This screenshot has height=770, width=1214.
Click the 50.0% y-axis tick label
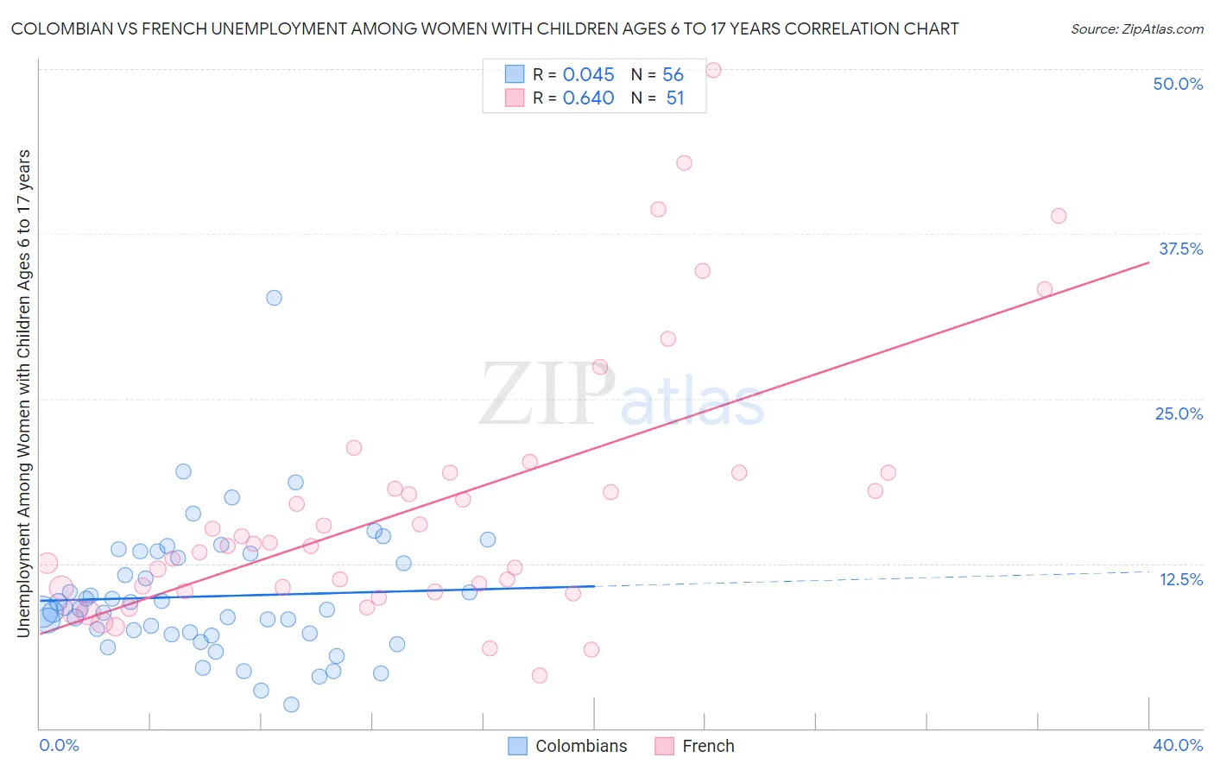coord(1178,84)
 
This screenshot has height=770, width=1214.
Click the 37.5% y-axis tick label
coord(1180,249)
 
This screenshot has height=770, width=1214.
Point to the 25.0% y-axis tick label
coord(1179,413)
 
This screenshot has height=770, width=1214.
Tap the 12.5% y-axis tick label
coord(1180,579)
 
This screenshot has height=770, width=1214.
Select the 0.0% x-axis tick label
coord(59,745)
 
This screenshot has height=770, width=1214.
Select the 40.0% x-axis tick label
coord(1177,745)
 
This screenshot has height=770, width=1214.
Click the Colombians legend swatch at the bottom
coord(517,746)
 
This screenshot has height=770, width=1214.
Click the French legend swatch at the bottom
coord(664,746)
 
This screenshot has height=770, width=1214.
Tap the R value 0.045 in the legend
coord(588,75)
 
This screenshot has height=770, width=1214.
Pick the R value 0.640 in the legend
coord(588,98)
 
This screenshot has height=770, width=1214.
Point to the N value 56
coord(673,75)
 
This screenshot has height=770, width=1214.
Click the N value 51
coord(674,98)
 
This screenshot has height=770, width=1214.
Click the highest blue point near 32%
coord(274,298)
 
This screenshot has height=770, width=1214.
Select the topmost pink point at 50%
coord(713,70)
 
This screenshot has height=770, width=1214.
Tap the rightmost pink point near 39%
coord(1059,216)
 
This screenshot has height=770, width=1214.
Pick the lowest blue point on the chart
coord(291,704)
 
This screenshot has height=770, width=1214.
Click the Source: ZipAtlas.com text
coord(1136,29)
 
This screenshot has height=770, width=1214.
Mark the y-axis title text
coord(24,393)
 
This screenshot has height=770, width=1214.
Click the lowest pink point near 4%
coord(540,675)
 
